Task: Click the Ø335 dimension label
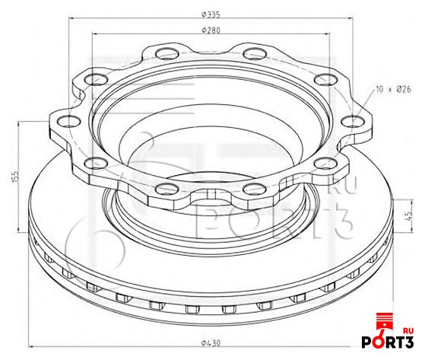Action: [211, 14]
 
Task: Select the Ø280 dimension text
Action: [211, 30]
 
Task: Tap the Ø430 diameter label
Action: [211, 343]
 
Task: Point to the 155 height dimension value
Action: [15, 177]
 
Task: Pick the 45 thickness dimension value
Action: [409, 214]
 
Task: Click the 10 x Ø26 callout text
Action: [394, 89]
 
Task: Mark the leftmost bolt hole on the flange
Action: [69, 121]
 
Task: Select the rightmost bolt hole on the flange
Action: [352, 121]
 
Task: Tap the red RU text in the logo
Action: [408, 331]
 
